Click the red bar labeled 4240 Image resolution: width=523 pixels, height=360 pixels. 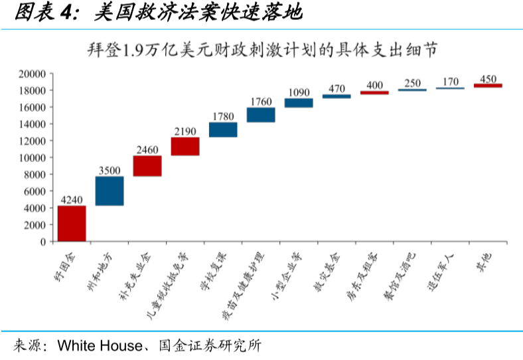[x=72, y=223]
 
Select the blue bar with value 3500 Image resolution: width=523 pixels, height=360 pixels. [x=110, y=191]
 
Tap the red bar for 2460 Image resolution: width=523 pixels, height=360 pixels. [x=147, y=166]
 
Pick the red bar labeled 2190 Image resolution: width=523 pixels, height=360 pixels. [x=185, y=146]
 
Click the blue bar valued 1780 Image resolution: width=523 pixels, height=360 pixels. [x=223, y=130]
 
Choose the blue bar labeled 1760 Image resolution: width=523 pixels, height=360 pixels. [x=261, y=115]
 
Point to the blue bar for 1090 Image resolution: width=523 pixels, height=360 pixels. [x=299, y=102]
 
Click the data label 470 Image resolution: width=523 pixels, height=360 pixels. [x=336, y=88]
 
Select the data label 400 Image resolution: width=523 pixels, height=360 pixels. [x=374, y=85]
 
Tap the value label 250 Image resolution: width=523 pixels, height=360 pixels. [x=412, y=83]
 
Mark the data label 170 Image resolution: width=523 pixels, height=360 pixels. [x=450, y=82]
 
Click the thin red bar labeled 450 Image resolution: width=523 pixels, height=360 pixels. [x=488, y=86]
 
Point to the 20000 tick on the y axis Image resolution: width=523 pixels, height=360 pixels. [x=32, y=73]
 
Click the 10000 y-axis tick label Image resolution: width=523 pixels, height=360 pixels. [x=32, y=157]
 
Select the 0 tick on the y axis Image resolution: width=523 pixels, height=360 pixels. [x=42, y=242]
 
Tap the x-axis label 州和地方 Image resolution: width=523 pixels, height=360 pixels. [x=105, y=268]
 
